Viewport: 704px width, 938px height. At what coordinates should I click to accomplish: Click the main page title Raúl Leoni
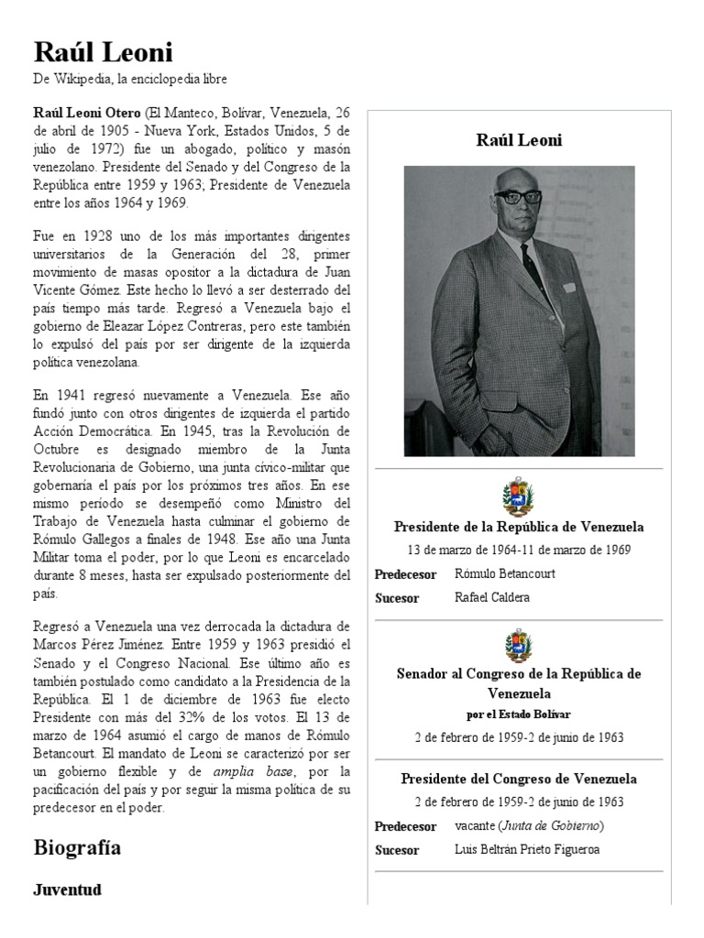(103, 51)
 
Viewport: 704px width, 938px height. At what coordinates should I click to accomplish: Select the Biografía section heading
(77, 846)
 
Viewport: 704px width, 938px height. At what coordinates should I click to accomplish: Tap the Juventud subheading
(67, 889)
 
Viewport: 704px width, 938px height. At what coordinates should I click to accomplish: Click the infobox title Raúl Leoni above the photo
(519, 140)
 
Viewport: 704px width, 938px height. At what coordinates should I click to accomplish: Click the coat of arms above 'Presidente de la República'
(519, 498)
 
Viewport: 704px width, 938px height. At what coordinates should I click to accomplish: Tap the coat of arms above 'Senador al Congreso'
(519, 645)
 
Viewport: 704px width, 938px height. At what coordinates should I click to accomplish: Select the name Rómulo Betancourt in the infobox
(504, 573)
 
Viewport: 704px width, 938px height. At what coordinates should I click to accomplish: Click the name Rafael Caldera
(492, 597)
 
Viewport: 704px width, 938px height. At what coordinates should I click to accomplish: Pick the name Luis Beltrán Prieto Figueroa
(526, 849)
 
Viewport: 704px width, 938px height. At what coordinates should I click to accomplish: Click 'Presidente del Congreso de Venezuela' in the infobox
(519, 780)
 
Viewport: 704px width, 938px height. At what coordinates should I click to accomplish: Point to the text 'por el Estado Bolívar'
(519, 714)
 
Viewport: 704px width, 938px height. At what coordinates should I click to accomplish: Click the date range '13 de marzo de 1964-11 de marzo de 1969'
(519, 550)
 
